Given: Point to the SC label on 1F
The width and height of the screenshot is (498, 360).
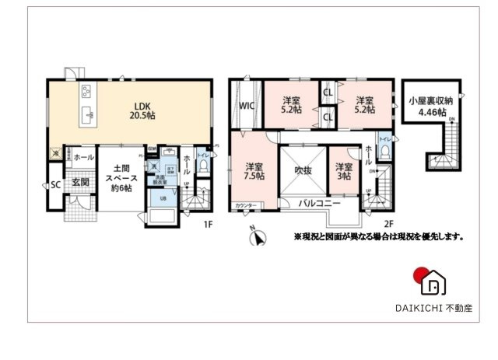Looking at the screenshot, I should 55,185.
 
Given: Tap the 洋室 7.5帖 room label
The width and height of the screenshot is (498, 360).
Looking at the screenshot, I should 253,172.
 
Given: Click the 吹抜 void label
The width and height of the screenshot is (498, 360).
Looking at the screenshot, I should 302,169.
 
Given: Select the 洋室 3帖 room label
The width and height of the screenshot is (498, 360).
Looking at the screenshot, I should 343,171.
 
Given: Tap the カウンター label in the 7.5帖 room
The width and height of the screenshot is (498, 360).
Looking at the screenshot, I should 247,206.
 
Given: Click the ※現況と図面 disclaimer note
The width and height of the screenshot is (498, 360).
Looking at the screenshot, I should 378,236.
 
